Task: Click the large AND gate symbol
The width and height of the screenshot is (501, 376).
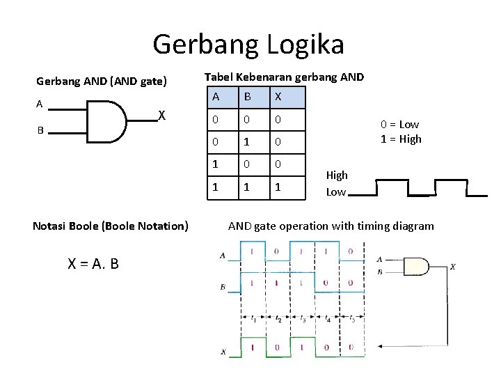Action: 106,120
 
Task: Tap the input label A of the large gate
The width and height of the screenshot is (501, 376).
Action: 40,104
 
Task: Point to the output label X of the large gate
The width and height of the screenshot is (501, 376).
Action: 161,115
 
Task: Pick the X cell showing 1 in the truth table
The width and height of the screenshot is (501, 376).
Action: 277,187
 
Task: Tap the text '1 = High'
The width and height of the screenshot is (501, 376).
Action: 401,139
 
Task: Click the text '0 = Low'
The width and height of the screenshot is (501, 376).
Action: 399,124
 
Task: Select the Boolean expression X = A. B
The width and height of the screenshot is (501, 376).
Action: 93,263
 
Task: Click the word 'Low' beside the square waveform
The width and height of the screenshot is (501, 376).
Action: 336,191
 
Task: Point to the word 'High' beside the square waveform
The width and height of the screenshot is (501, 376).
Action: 337,175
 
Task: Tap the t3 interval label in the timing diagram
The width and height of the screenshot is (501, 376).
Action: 302,320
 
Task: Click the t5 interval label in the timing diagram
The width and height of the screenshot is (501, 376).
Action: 351,320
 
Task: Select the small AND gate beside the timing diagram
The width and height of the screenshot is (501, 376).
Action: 417,266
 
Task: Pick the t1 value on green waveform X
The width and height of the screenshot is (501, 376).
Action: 251,347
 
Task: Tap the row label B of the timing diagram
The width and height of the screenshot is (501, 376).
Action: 222,287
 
